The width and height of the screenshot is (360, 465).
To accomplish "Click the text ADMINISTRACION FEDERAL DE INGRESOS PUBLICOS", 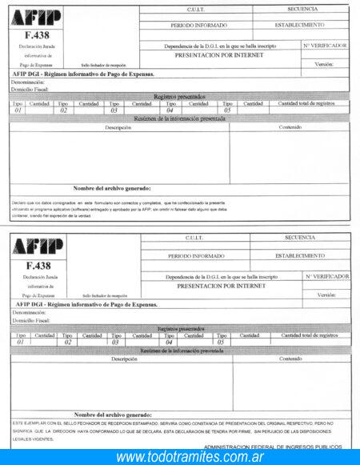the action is pos(272,447).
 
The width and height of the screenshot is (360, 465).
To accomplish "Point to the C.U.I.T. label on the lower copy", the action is pos(194,238).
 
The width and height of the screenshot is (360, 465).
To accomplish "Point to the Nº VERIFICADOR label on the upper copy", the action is pos(325,46).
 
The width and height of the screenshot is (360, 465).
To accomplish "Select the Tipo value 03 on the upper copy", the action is pos(115,110).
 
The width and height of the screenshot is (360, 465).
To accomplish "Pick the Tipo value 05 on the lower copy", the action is pos(221,342).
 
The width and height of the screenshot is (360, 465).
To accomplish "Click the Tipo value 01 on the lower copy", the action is pos(19,342).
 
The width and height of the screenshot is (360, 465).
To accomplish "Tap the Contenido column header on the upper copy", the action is pos(290,127).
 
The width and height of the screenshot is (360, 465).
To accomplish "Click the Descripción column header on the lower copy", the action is pos(123,359).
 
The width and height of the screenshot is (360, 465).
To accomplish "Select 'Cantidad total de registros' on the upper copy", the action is pos(306,103).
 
